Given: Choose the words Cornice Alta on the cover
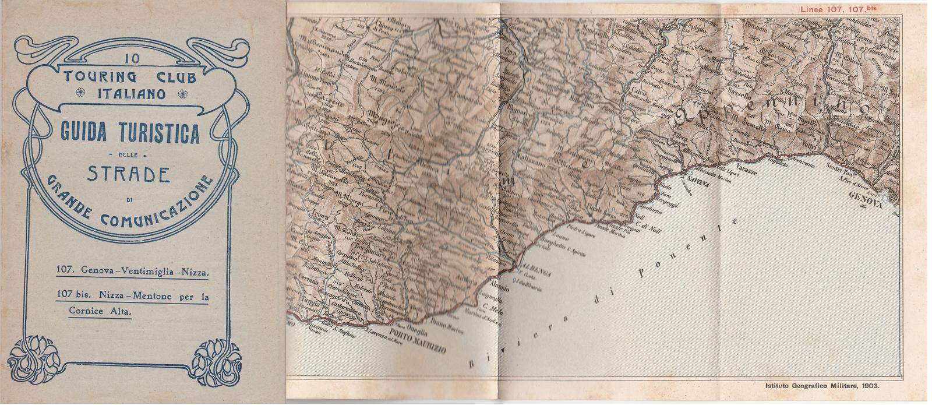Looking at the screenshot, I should click(100, 312).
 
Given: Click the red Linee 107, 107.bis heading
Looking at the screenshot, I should click(837, 9).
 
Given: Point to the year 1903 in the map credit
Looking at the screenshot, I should click(869, 385).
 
